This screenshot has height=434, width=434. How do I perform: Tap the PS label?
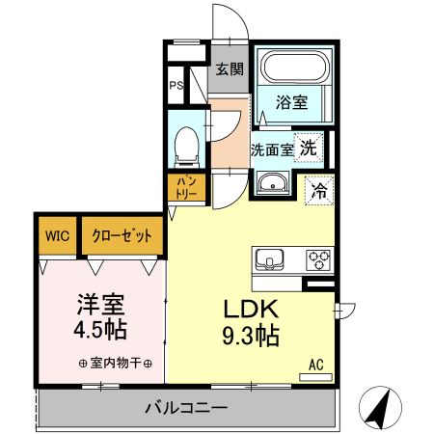pos(176,86)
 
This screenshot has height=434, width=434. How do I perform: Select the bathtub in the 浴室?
pos(295,68)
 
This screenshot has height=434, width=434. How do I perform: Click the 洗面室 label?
pos(271,149)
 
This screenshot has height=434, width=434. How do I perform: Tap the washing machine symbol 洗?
pos(308,148)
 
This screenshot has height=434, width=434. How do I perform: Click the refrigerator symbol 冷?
pos(317,190)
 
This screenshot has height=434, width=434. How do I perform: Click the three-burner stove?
pos(317,258)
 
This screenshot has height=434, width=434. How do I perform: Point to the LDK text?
pos(251,311)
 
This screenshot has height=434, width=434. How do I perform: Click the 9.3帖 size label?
pos(252,338)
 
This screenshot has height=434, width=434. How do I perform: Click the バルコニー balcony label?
pos(185,406)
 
